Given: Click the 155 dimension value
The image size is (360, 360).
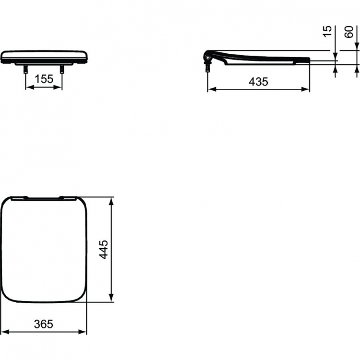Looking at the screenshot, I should coord(44,80).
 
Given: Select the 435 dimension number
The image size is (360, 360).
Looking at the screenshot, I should coord(258,82).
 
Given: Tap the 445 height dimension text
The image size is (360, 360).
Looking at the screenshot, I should coord(103,250).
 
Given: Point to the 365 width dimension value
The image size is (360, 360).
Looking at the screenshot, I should coord(44,324).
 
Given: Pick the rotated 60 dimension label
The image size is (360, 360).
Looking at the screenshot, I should coord(349,32).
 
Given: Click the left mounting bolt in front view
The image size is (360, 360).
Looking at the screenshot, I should coord(25,69).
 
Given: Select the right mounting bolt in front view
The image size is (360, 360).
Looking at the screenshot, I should coord(62,69).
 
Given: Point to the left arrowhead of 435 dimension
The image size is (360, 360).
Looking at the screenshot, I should coord(210,89).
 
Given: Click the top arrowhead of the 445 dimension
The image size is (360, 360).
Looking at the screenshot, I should coord(111,200).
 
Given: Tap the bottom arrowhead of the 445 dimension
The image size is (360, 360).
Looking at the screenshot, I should coord(111,299).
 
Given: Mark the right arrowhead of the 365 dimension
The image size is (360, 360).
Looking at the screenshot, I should coord(84,331).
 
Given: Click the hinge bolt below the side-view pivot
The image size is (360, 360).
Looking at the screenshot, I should coord(207,68).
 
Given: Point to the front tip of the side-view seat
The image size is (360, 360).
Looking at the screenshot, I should coord(308,60).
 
